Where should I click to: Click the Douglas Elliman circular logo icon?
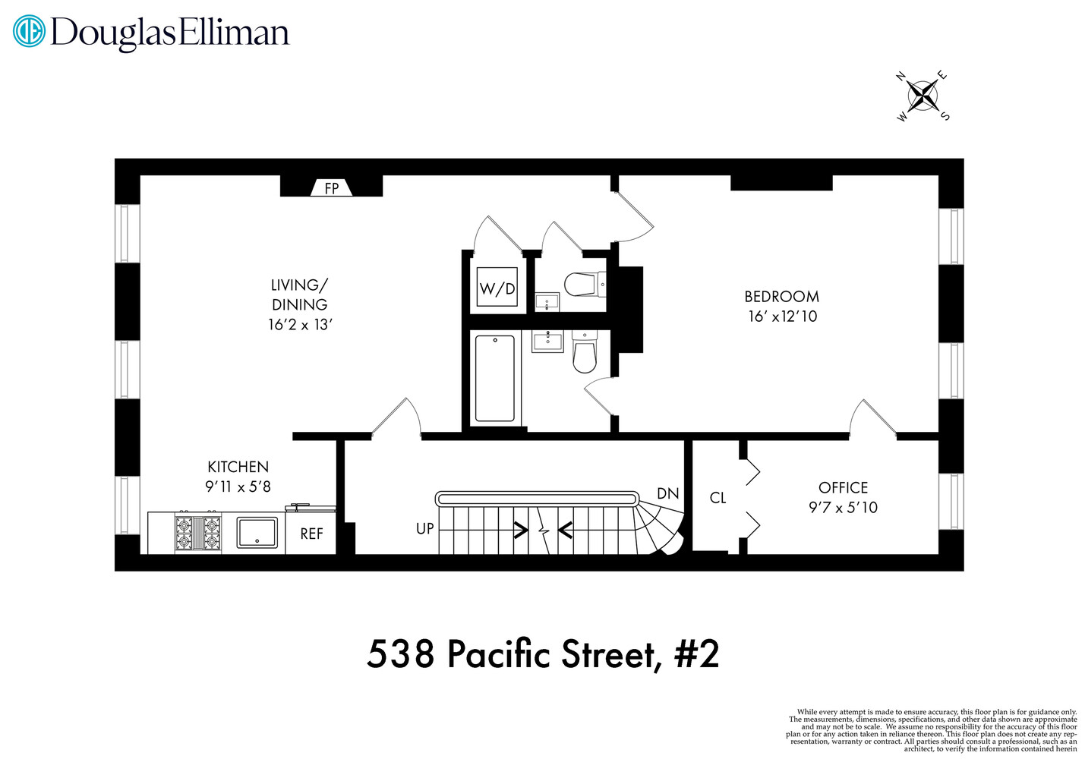pyautogui.click(x=29, y=31)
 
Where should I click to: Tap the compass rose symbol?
pyautogui.click(x=923, y=96)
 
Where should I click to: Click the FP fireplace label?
pyautogui.click(x=331, y=188)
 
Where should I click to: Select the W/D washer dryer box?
pyautogui.click(x=497, y=287)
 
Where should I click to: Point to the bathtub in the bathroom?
pyautogui.click(x=494, y=379)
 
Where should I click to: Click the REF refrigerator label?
pyautogui.click(x=311, y=534)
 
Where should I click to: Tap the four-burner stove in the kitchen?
pyautogui.click(x=197, y=533)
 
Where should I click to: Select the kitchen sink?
pyautogui.click(x=257, y=533)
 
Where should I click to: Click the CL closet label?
pyautogui.click(x=718, y=498)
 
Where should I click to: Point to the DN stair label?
pyautogui.click(x=668, y=493)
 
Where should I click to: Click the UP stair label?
pyautogui.click(x=424, y=528)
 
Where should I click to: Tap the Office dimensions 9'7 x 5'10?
pyautogui.click(x=844, y=507)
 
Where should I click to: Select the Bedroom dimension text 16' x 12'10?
pyautogui.click(x=783, y=316)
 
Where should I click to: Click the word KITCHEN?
pyautogui.click(x=238, y=467)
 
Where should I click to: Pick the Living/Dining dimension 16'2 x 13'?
pyautogui.click(x=301, y=324)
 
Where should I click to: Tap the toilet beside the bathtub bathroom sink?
pyautogui.click(x=584, y=351)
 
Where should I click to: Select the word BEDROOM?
pyautogui.click(x=782, y=296)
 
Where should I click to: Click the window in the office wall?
pyautogui.click(x=951, y=502)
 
